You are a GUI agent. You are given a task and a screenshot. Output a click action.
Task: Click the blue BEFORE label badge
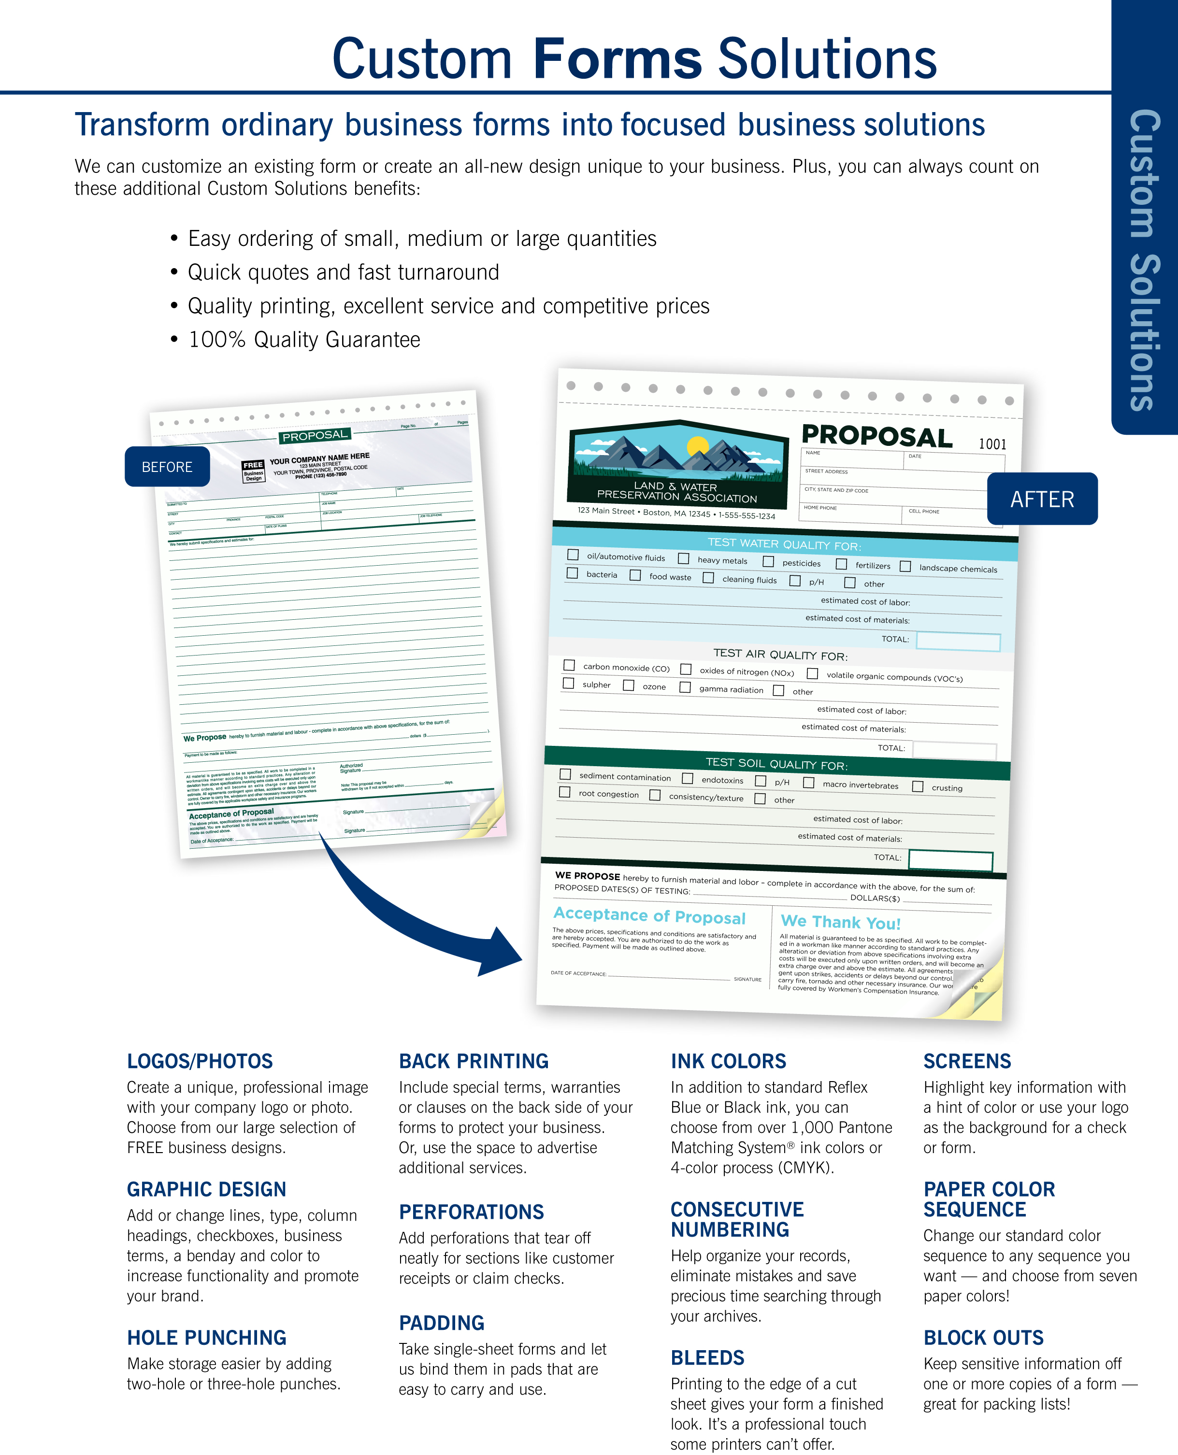pyautogui.click(x=167, y=467)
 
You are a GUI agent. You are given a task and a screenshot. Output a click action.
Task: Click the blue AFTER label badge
pyautogui.click(x=1042, y=499)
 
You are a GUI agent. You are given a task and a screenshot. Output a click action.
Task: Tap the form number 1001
pyautogui.click(x=992, y=444)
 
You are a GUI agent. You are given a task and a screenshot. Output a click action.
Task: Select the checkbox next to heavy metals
pyautogui.click(x=683, y=558)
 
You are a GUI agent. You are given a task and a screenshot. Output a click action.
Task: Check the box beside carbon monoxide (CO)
pyautogui.click(x=569, y=666)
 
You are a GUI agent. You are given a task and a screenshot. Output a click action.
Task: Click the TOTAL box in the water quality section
pyautogui.click(x=958, y=642)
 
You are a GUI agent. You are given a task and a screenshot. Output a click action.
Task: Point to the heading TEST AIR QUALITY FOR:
pyautogui.click(x=780, y=655)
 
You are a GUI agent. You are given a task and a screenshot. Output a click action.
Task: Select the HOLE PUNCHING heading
pyautogui.click(x=206, y=1338)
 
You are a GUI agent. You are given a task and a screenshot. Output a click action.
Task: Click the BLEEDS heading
pyautogui.click(x=707, y=1357)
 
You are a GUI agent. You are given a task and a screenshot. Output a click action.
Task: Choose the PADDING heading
pyautogui.click(x=441, y=1323)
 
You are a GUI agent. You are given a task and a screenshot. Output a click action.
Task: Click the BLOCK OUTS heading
pyautogui.click(x=983, y=1338)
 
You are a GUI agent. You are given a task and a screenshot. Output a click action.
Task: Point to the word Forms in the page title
pyautogui.click(x=617, y=60)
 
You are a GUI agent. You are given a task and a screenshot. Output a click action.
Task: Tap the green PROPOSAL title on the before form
pyautogui.click(x=314, y=435)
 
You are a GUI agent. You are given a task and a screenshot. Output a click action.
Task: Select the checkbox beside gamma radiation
pyautogui.click(x=685, y=687)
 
